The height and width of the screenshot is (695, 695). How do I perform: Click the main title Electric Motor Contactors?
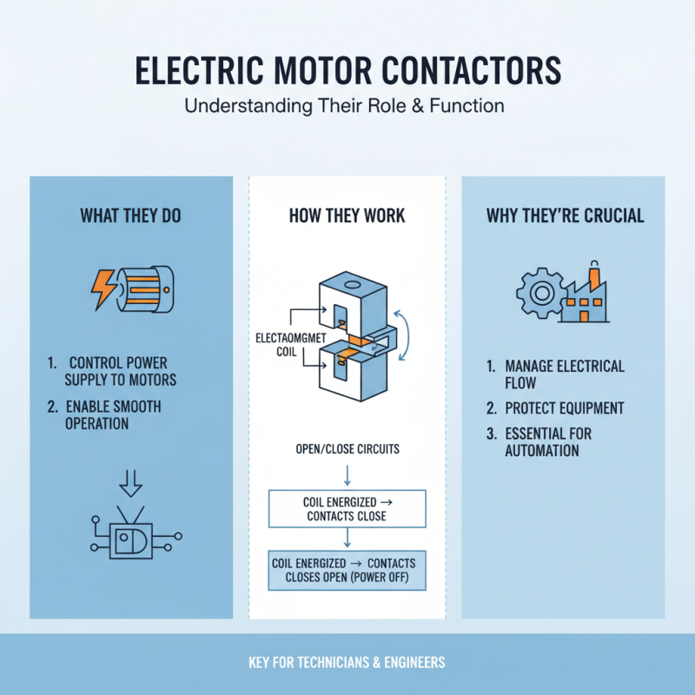click(x=347, y=69)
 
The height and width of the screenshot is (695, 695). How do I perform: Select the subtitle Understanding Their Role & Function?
click(x=347, y=107)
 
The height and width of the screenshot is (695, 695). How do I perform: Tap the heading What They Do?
click(x=130, y=215)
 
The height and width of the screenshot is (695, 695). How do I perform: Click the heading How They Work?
click(x=347, y=215)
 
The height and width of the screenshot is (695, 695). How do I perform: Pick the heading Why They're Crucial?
click(x=565, y=215)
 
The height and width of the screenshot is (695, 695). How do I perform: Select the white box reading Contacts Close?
click(x=347, y=508)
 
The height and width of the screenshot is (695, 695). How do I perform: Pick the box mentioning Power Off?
click(x=347, y=570)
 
